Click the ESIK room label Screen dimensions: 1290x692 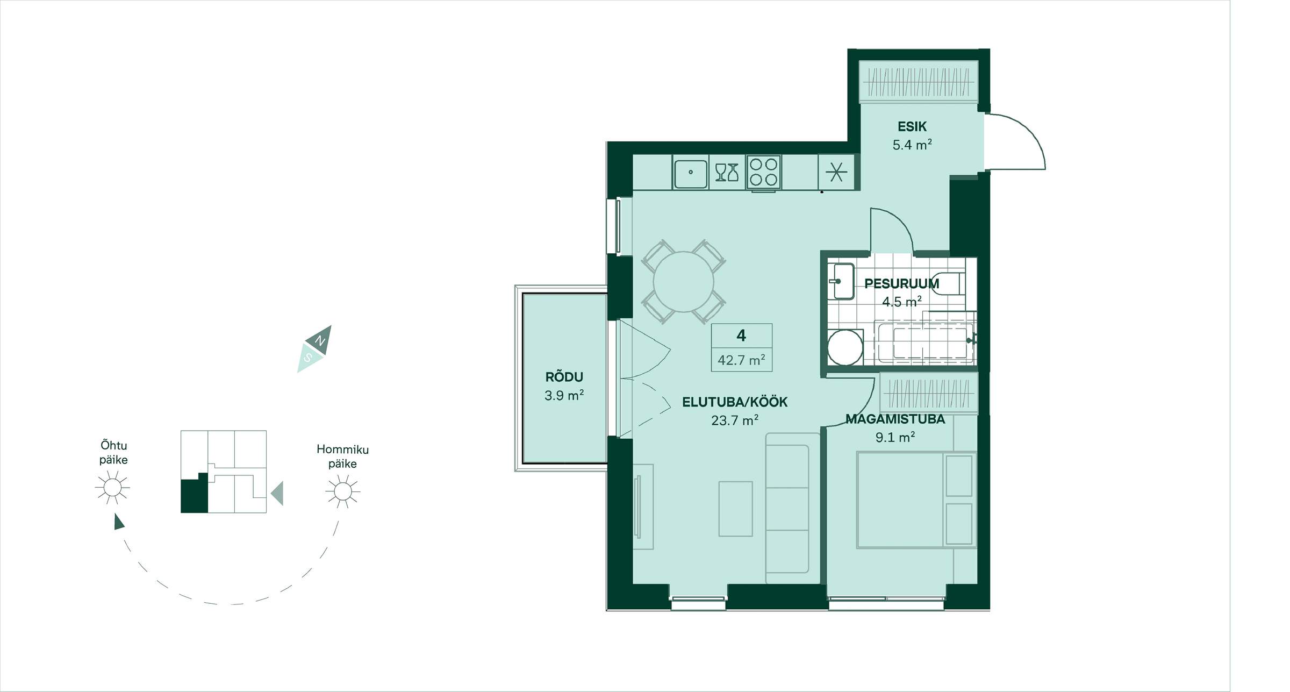pos(912,127)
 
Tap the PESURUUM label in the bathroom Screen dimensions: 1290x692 pos(901,283)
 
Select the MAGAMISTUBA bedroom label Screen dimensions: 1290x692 pos(895,419)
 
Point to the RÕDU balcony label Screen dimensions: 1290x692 pos(564,377)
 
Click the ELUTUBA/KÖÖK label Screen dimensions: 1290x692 pos(735,402)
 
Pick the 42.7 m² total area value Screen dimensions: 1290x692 pos(742,360)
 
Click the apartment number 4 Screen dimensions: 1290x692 pos(741,336)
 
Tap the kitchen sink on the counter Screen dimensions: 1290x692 pos(691,173)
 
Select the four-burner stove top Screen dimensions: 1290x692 pos(763,172)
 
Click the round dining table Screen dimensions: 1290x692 pos(684,282)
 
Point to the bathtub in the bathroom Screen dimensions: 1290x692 pos(924,342)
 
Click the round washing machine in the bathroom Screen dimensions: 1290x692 pos(845,347)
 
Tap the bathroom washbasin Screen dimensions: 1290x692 pos(841,281)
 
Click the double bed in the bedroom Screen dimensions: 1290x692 pos(916,500)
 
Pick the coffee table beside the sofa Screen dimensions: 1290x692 pos(735,509)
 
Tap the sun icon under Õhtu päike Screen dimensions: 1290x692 pos(112,488)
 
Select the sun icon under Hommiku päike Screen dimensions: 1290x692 pos(343,491)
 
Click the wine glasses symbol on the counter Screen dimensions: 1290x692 pos(727,173)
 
